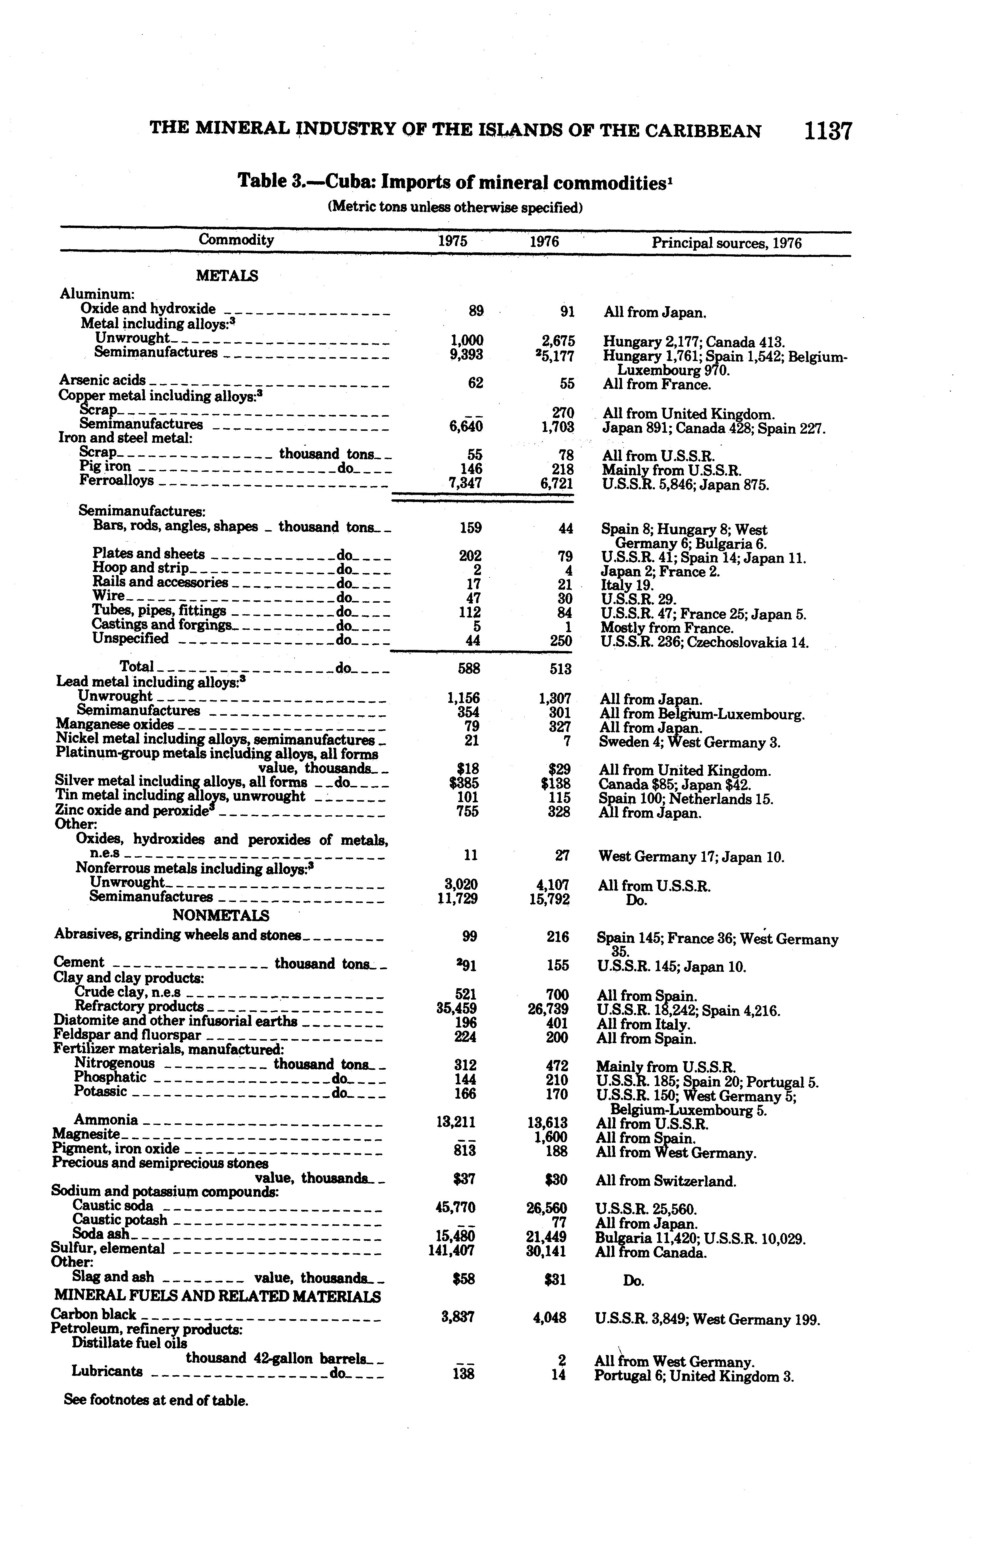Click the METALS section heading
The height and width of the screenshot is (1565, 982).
point(227,276)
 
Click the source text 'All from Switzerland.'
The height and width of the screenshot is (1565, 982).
point(666,1181)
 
